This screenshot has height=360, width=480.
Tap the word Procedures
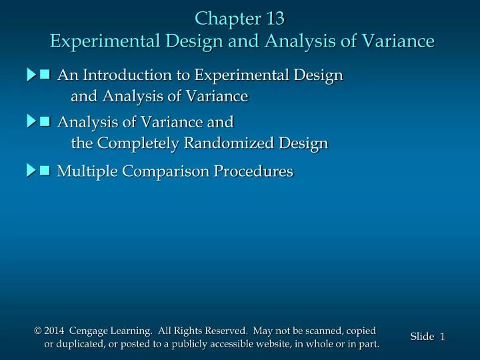coord(253,171)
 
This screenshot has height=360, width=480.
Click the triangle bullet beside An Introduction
coord(32,75)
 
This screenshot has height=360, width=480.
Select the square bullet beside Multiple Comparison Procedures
coord(45,171)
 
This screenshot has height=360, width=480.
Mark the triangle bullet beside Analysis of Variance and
coord(32,121)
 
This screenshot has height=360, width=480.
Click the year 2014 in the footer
coord(56,331)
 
